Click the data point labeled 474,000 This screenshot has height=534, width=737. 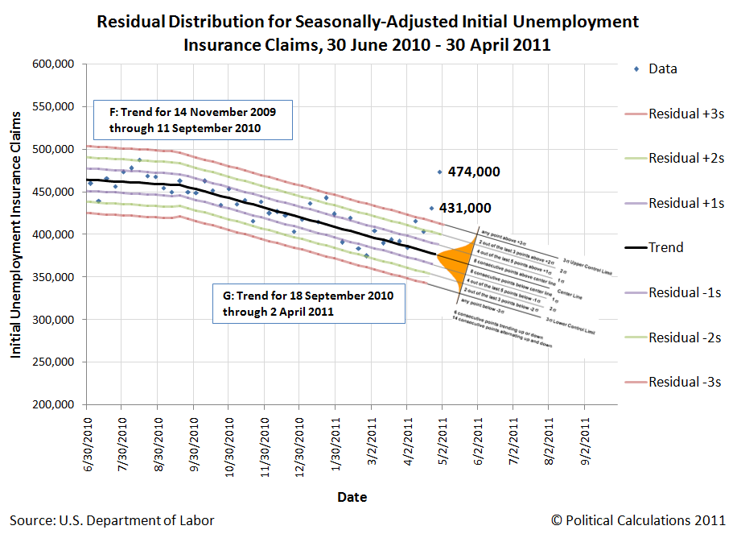click(439, 172)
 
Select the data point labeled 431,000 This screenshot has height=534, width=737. click(431, 208)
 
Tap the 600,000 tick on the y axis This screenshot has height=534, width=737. click(53, 64)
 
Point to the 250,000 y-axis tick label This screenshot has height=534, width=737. click(53, 362)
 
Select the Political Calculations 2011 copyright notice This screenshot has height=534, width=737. click(640, 520)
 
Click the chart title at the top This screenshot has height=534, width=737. click(367, 33)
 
